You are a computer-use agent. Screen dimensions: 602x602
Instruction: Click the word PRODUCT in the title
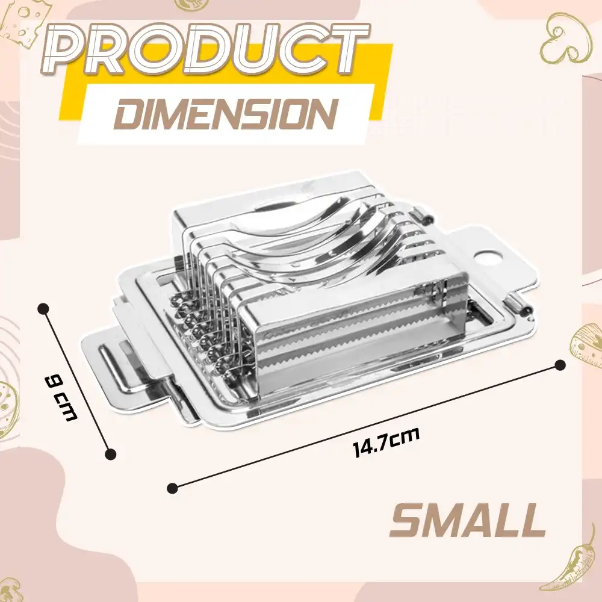coord(204,50)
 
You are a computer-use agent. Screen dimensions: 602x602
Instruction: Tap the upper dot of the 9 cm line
coord(45,308)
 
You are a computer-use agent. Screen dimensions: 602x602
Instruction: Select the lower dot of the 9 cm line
coord(111,454)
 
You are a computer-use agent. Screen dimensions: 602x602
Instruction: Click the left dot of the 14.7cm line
coord(173,488)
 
